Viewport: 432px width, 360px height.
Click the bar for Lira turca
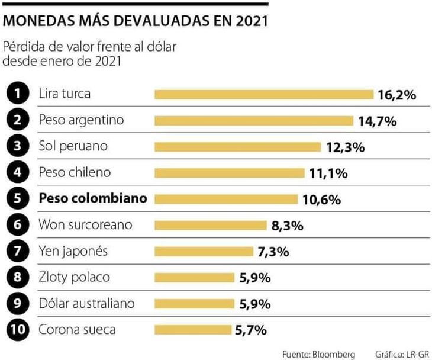pyautogui.click(x=264, y=95)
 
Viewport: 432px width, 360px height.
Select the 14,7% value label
pyautogui.click(x=377, y=121)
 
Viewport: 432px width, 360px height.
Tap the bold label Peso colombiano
pyautogui.click(x=92, y=199)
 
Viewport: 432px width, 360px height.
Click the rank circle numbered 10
pyautogui.click(x=19, y=330)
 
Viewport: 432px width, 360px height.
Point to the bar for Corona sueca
pyautogui.click(x=193, y=330)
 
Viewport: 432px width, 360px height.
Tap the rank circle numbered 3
pyautogui.click(x=19, y=147)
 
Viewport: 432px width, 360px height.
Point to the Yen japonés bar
pyautogui.click(x=204, y=252)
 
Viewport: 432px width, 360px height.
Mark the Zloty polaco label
pyautogui.click(x=74, y=277)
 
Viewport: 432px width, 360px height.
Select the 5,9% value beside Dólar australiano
pyautogui.click(x=255, y=304)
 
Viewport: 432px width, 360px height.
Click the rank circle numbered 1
pyautogui.click(x=19, y=94)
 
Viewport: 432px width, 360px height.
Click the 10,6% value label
pyautogui.click(x=321, y=200)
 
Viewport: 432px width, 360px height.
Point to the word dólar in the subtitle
pyautogui.click(x=162, y=46)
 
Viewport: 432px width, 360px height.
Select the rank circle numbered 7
pyautogui.click(x=19, y=251)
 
